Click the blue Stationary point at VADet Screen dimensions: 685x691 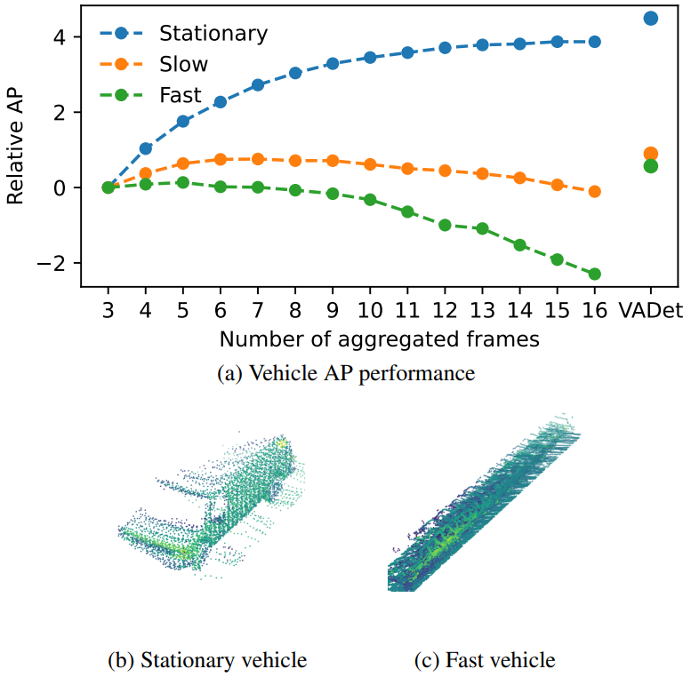pyautogui.click(x=650, y=18)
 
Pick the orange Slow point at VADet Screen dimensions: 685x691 pyautogui.click(x=650, y=154)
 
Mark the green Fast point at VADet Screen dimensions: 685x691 pyautogui.click(x=650, y=165)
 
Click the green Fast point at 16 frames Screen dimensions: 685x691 pyautogui.click(x=594, y=274)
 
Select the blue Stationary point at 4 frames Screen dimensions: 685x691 pyautogui.click(x=146, y=148)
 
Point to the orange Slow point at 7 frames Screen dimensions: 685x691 pyautogui.click(x=258, y=159)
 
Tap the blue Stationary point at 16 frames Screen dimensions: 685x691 pyautogui.click(x=594, y=42)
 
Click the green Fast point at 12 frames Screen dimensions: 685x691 pyautogui.click(x=445, y=225)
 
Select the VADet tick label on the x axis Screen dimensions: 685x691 pyautogui.click(x=650, y=309)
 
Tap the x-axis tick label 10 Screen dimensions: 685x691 pyautogui.click(x=370, y=309)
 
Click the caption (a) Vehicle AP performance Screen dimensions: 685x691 pyautogui.click(x=346, y=374)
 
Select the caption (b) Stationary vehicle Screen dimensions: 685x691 pyautogui.click(x=206, y=660)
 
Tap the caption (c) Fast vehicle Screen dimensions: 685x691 pyautogui.click(x=485, y=660)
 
